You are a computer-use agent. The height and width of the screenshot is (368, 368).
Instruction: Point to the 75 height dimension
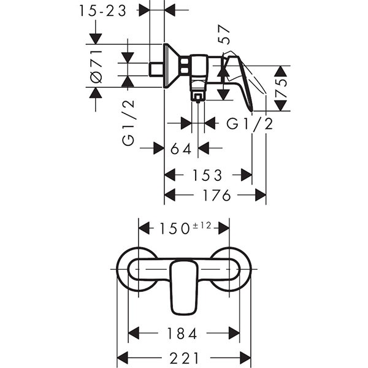click(x=281, y=88)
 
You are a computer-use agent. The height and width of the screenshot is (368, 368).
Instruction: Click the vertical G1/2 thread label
click(x=128, y=123)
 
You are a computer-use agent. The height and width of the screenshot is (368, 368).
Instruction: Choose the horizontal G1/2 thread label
click(x=250, y=124)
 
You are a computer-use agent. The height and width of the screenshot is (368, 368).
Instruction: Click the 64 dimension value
click(x=182, y=148)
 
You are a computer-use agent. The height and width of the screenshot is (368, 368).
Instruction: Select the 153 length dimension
click(x=207, y=175)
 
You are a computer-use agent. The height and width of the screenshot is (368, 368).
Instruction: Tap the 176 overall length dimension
click(x=216, y=196)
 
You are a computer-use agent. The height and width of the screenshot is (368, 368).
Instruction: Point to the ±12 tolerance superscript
click(x=202, y=225)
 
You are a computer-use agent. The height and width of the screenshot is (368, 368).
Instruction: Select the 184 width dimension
click(x=183, y=334)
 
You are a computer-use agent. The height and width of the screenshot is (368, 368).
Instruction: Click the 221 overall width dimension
click(x=184, y=357)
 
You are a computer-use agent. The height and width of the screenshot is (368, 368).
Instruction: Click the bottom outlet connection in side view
click(x=197, y=94)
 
